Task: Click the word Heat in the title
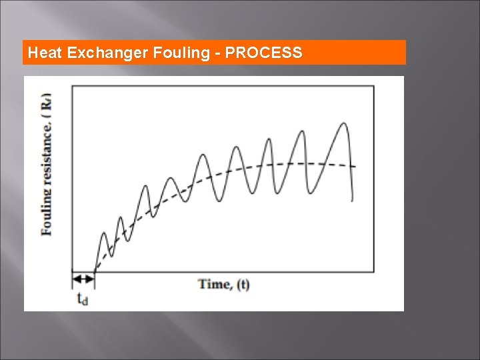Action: tap(45, 53)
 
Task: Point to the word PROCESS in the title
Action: tap(263, 53)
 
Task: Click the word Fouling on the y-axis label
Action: tap(47, 212)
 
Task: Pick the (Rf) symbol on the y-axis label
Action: tap(47, 103)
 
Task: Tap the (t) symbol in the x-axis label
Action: tap(243, 285)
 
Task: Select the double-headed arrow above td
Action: tap(83, 278)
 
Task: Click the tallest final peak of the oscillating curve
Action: tap(344, 123)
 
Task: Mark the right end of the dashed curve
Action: tap(355, 167)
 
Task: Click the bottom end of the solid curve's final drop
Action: tap(352, 199)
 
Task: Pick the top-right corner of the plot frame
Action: tap(373, 85)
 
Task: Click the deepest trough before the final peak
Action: tap(311, 194)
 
